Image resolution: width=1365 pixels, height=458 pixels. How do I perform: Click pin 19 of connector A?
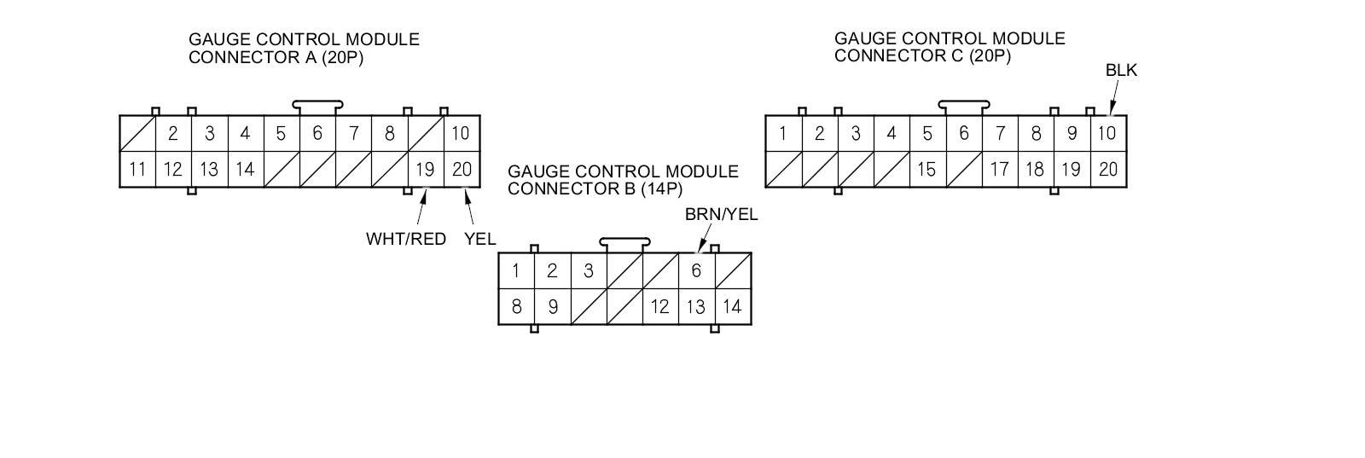425,169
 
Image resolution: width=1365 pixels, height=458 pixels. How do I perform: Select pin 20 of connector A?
462,169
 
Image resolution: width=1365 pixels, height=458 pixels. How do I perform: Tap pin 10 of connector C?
1107,133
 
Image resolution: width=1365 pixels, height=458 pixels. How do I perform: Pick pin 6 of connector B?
696,270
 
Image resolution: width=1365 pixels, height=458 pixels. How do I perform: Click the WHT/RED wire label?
406,239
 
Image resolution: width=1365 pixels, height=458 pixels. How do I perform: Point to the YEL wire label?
479,239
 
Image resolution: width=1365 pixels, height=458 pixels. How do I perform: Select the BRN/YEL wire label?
721,214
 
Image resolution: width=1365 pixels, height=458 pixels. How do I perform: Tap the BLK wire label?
1121,71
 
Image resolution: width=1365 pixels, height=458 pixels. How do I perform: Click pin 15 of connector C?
926,169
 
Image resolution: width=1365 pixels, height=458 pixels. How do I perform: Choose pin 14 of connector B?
732,307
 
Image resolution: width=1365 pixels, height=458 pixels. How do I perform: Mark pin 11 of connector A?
137,169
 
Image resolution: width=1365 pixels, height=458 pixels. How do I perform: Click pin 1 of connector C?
782,133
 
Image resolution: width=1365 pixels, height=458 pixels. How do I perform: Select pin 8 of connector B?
516,307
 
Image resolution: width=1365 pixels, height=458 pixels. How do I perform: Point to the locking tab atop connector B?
624,244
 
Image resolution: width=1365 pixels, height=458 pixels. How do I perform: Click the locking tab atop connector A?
317,107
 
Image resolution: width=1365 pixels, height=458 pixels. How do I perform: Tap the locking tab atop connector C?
963,107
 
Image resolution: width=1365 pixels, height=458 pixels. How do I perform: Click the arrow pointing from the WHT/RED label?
421,209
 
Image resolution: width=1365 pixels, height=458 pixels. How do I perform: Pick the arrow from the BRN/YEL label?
704,241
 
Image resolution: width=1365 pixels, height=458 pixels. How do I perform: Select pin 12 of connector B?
659,307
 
